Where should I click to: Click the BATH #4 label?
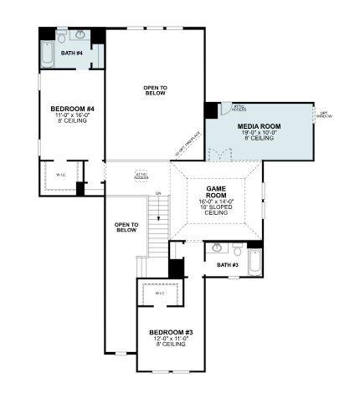(x=72, y=54)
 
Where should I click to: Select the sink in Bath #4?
(x=79, y=36)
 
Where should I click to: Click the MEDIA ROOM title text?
(x=259, y=125)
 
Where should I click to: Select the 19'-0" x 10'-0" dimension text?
(x=259, y=132)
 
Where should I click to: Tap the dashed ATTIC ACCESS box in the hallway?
(x=141, y=176)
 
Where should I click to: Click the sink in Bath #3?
(x=217, y=248)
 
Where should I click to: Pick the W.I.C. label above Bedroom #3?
(x=160, y=293)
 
